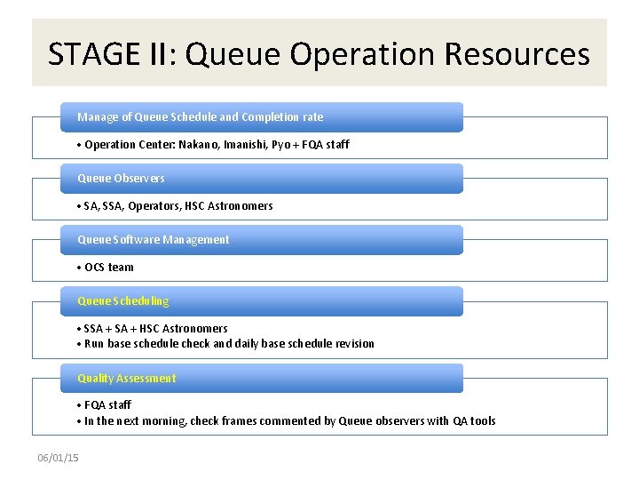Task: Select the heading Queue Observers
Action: [121, 179]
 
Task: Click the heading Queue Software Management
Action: [153, 240]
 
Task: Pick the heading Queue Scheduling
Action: [122, 301]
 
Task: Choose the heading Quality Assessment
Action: [126, 379]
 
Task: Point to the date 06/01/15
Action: [58, 458]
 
